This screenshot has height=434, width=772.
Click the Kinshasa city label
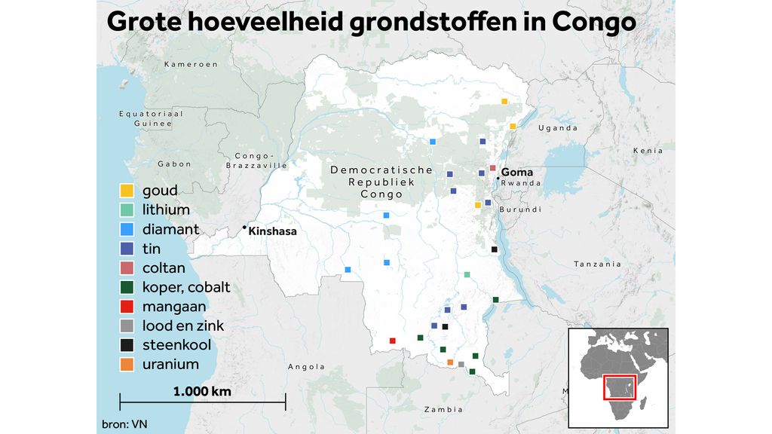click(x=272, y=231)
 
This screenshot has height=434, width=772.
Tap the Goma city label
click(x=516, y=173)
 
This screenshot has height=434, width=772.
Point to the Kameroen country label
click(x=191, y=65)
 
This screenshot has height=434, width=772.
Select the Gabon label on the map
click(x=174, y=164)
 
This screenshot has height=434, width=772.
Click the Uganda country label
click(x=557, y=128)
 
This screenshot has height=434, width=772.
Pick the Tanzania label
click(x=597, y=264)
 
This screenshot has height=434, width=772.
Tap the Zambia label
click(x=443, y=410)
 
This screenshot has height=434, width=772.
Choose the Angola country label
click(x=306, y=367)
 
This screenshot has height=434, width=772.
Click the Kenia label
click(x=648, y=151)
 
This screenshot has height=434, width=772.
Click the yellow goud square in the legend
click(x=127, y=191)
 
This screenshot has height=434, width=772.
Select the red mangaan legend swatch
click(x=127, y=307)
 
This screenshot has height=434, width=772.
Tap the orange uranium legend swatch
click(x=127, y=365)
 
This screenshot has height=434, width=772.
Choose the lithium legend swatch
click(x=127, y=210)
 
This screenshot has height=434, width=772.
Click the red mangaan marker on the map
click(x=392, y=341)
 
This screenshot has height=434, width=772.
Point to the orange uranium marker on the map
click(x=450, y=362)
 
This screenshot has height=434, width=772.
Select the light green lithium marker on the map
click(x=467, y=275)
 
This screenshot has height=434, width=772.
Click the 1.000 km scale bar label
click(x=202, y=392)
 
